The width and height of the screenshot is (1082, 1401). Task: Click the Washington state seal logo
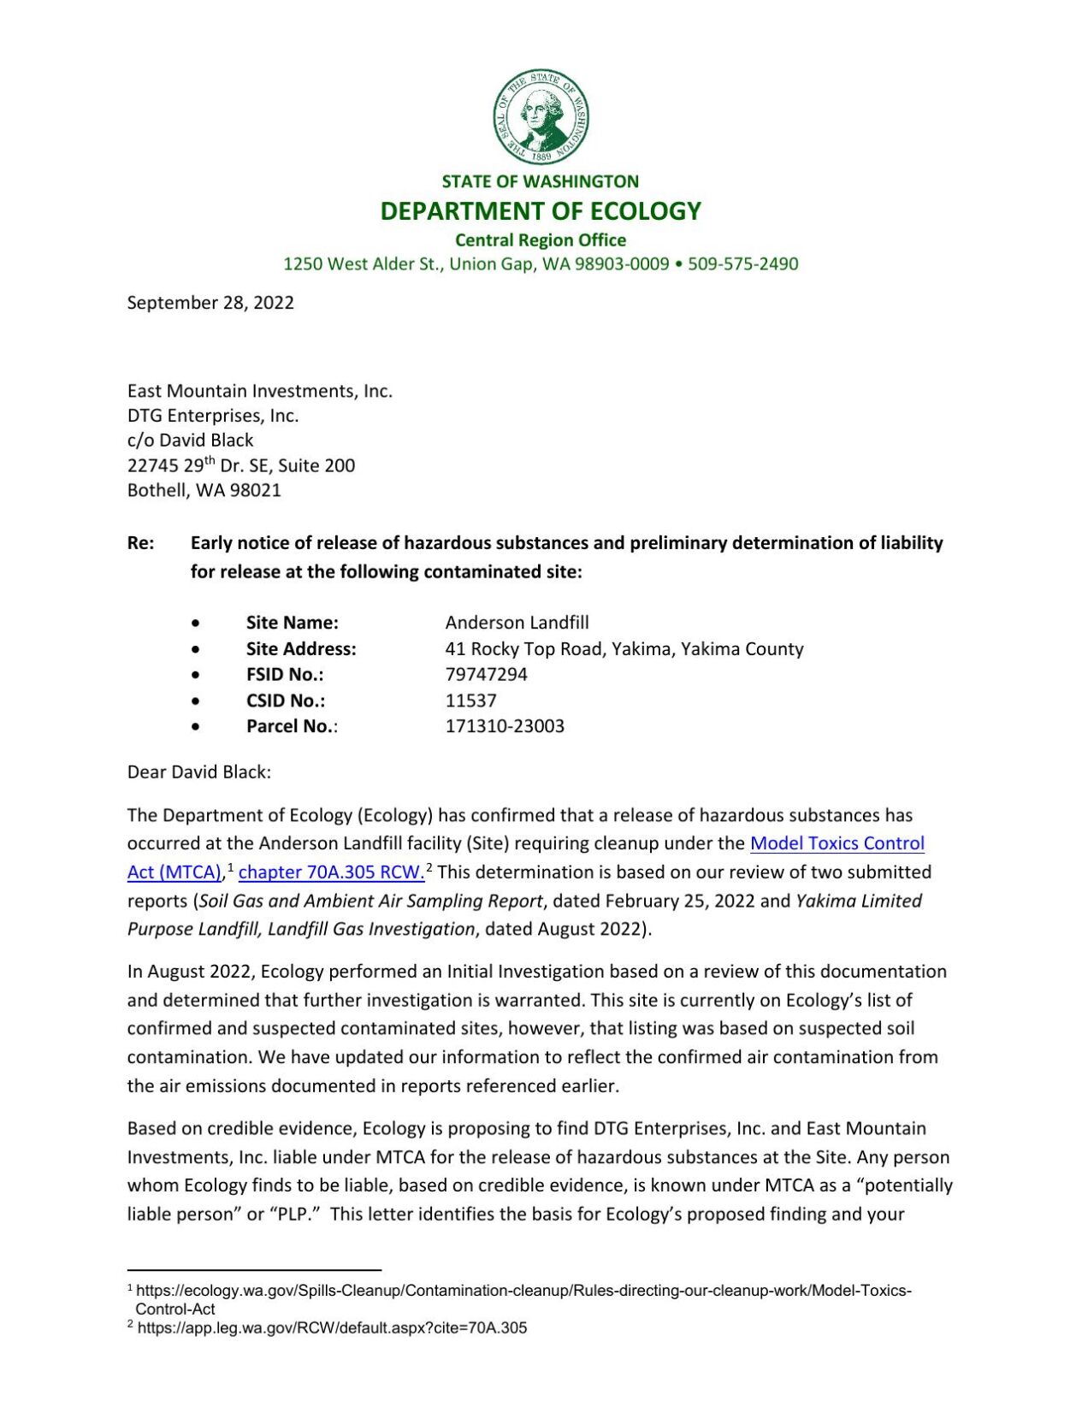click(x=541, y=117)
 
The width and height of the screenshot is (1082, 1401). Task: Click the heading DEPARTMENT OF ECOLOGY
click(x=541, y=210)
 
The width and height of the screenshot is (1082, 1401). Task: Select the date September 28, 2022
click(x=210, y=302)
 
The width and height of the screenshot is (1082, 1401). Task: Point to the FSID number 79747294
click(x=486, y=674)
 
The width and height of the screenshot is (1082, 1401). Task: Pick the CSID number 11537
click(x=470, y=700)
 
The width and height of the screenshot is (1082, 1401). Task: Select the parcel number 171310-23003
click(x=505, y=725)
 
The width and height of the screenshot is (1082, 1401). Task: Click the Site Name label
click(x=293, y=622)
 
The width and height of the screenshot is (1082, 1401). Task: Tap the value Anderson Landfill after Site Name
click(x=517, y=622)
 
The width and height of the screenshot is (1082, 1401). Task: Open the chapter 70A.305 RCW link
click(x=331, y=872)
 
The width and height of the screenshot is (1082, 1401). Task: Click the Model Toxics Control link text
click(x=837, y=842)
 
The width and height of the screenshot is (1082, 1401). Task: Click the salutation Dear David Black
click(x=198, y=771)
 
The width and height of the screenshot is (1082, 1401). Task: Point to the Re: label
click(x=140, y=542)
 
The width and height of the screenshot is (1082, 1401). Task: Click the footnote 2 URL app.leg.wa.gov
click(x=332, y=1327)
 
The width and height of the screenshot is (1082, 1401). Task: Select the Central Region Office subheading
click(x=541, y=239)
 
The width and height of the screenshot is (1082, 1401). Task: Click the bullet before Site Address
click(x=197, y=649)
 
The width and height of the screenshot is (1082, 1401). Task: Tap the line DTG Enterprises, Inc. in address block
click(x=213, y=416)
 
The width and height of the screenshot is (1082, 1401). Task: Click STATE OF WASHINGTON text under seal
click(x=541, y=181)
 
